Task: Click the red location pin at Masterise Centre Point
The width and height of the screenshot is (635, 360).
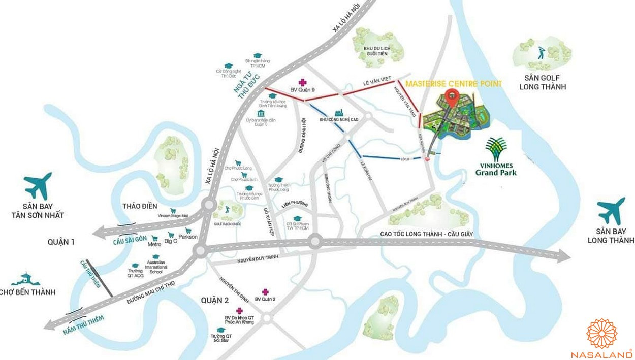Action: [x=451, y=96]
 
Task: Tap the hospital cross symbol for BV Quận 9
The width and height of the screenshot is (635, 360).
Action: [x=303, y=82]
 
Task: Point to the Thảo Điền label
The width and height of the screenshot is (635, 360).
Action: [x=140, y=206]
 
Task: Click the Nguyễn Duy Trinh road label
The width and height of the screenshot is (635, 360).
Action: [x=259, y=260]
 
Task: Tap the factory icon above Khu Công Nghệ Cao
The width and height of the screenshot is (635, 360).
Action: [x=337, y=112]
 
